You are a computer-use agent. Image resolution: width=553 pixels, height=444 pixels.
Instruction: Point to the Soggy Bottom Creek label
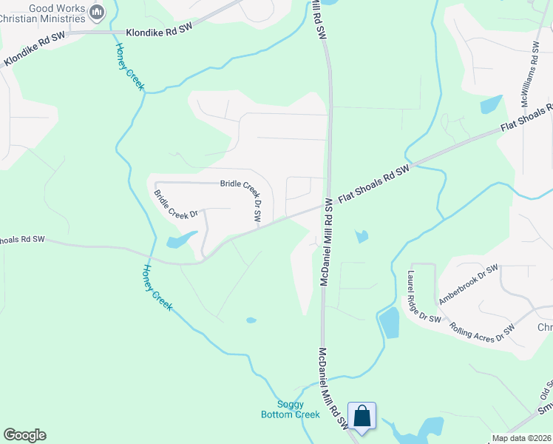click(x=291, y=409)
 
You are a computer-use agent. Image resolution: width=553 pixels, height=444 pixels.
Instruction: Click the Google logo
click(x=24, y=435)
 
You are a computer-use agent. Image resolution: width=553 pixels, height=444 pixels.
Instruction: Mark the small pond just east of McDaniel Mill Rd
click(x=361, y=237)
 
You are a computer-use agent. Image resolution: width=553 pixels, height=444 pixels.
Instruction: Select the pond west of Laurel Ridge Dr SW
click(x=389, y=323)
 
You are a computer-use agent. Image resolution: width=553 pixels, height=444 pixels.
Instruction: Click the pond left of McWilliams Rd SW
click(x=490, y=105)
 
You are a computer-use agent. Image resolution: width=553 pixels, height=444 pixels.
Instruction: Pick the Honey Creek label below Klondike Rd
click(x=129, y=67)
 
